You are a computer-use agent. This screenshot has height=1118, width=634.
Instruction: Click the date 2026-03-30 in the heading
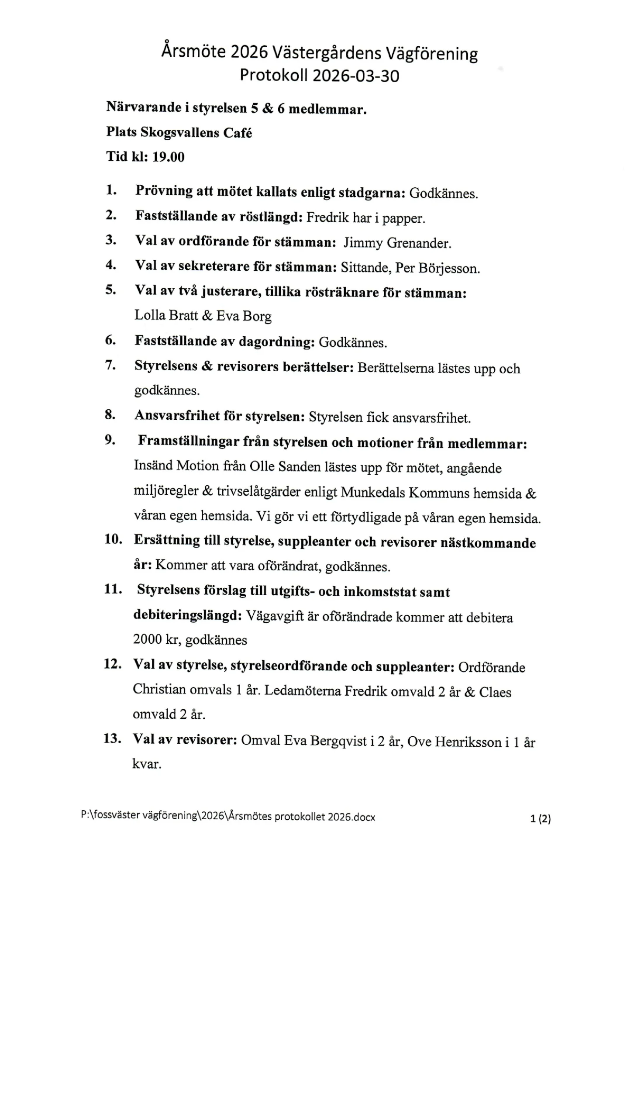356,76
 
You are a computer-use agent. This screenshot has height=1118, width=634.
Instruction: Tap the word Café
238,133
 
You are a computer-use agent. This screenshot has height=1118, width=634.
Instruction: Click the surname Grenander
419,243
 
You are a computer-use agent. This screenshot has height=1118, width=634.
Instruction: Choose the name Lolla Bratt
166,315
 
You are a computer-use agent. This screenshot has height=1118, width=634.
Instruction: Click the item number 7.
110,365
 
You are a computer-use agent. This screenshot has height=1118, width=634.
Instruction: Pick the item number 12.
112,664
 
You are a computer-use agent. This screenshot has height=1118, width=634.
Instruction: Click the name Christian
159,690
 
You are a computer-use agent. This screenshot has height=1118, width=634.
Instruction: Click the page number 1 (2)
540,819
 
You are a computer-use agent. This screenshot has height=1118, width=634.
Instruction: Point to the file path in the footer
228,816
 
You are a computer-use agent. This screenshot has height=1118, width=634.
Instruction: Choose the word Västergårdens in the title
327,53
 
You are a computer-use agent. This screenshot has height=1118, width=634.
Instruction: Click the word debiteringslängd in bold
186,615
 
